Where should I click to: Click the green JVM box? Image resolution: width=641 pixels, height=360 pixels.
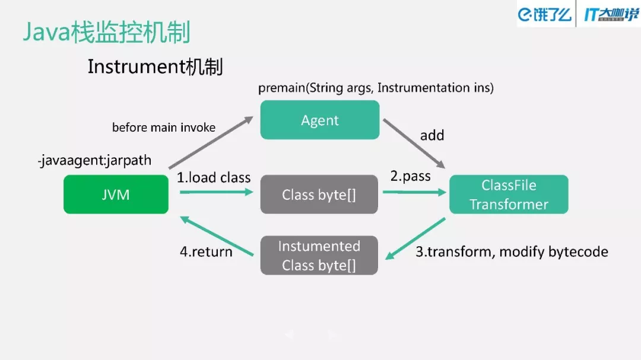(x=116, y=194)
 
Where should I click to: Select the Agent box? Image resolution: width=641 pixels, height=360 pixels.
(x=319, y=120)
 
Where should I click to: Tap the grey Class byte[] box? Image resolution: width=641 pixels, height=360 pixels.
(x=319, y=194)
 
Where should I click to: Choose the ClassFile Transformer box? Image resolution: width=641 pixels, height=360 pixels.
(x=509, y=194)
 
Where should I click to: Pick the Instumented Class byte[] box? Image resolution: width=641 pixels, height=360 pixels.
(x=319, y=255)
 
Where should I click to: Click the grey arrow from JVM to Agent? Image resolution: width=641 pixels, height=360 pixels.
(x=211, y=142)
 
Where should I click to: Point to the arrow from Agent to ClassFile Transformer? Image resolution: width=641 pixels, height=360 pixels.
(x=414, y=143)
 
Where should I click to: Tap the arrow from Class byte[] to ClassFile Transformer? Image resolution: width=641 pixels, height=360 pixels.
(x=414, y=192)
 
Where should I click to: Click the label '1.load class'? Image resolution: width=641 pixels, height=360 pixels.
(x=214, y=177)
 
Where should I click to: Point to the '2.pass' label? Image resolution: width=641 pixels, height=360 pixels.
(x=410, y=176)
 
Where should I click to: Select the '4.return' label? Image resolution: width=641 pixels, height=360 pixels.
(x=206, y=251)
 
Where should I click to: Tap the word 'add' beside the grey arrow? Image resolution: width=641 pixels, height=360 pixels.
(x=432, y=135)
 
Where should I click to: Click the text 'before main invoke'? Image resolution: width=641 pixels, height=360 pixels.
(x=164, y=127)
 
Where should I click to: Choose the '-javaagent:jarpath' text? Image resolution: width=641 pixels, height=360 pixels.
(x=94, y=160)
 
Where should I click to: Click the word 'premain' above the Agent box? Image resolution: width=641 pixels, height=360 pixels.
(x=281, y=88)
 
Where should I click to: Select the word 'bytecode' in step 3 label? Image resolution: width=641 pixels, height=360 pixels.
(x=579, y=251)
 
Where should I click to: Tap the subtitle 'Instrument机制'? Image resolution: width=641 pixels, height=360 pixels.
(x=155, y=66)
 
